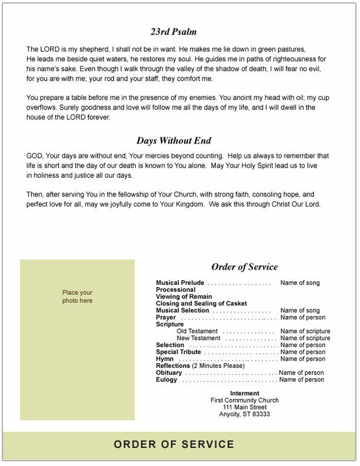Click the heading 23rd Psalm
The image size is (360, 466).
pyautogui.click(x=174, y=32)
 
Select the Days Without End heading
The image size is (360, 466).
pyautogui.click(x=174, y=141)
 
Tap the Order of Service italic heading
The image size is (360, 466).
pyautogui.click(x=244, y=267)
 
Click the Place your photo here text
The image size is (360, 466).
pyautogui.click(x=78, y=297)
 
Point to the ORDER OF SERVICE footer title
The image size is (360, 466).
pyautogui.click(x=174, y=445)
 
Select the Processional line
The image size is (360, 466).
pyautogui.click(x=175, y=290)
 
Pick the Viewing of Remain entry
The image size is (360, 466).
pyautogui.click(x=184, y=297)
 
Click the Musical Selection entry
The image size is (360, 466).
pyautogui.click(x=182, y=311)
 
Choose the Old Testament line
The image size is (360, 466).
pyautogui.click(x=197, y=331)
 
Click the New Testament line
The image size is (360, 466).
pyautogui.click(x=198, y=338)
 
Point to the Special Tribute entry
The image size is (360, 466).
pyautogui.click(x=178, y=352)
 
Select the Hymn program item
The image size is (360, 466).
pyautogui.click(x=164, y=359)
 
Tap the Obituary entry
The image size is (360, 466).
pyautogui.click(x=169, y=373)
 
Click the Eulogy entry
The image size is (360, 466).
pyautogui.click(x=166, y=380)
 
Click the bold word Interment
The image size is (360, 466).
pyautogui.click(x=245, y=394)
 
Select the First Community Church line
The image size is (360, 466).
pyautogui.click(x=245, y=401)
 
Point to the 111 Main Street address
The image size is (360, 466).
pyautogui.click(x=245, y=408)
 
